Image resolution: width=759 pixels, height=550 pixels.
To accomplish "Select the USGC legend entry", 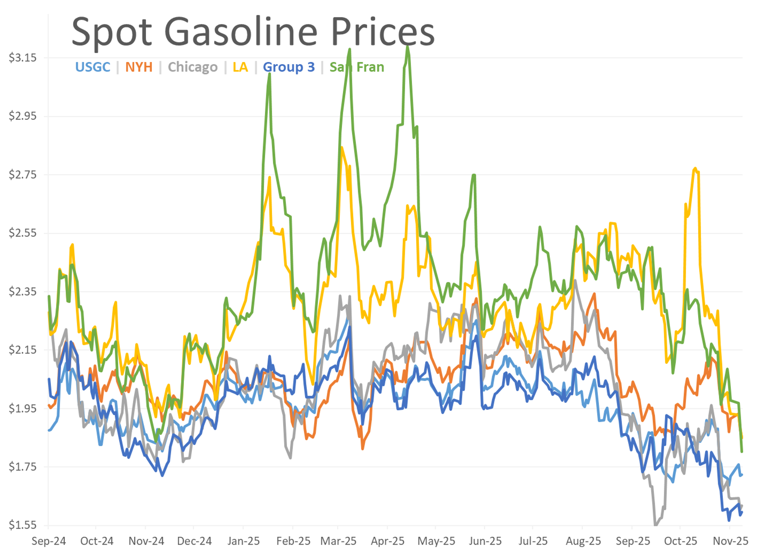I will click(x=93, y=67).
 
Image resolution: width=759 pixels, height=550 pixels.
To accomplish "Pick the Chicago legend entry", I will click(x=193, y=67).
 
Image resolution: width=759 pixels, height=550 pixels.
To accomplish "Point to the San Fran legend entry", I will click(x=357, y=67).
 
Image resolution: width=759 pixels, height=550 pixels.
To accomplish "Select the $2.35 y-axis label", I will click(x=22, y=291).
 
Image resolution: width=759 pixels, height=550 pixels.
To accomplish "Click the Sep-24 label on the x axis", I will click(x=49, y=541).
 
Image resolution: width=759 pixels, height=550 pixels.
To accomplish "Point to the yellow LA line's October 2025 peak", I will click(x=695, y=168).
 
